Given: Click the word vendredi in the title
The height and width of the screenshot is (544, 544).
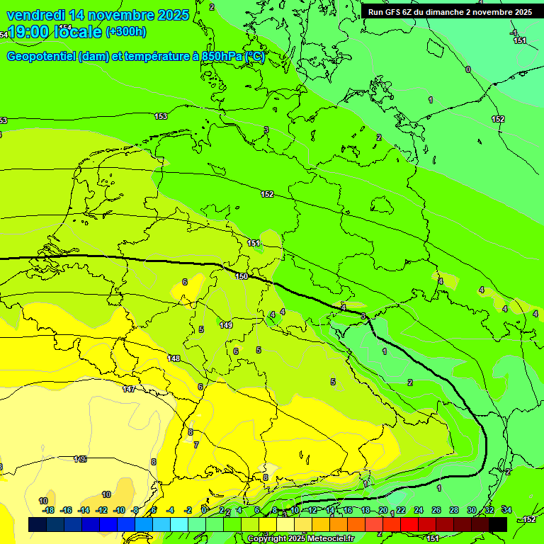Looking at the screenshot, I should pos(35,15).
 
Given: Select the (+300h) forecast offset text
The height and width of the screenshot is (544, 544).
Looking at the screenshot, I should pos(126,32).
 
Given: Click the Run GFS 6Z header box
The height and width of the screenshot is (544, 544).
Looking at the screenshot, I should pos(450,12).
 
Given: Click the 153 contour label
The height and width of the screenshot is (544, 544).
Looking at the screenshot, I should pos(161,116).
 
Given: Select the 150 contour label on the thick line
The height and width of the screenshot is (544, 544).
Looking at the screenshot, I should pos(242,276).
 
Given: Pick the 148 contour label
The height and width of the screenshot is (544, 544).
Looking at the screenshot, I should pos(174,358).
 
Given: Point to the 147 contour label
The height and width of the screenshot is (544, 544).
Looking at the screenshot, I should pos(128,390).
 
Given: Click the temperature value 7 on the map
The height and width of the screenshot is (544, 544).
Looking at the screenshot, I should pos(196,445).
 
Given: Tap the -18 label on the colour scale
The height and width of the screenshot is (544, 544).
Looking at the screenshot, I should pos(48,510).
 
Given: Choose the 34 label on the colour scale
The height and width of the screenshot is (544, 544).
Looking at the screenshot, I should pos(506,510).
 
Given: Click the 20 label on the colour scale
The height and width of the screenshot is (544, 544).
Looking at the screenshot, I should pos(383,510).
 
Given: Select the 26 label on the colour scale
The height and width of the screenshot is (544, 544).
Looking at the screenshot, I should pos(436,510).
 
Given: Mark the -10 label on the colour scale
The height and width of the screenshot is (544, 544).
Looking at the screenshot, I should pos(118,510).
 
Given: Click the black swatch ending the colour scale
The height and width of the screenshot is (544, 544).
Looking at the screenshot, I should pos(497,524).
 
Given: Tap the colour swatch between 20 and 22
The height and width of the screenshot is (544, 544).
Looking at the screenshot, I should pos(392,524).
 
